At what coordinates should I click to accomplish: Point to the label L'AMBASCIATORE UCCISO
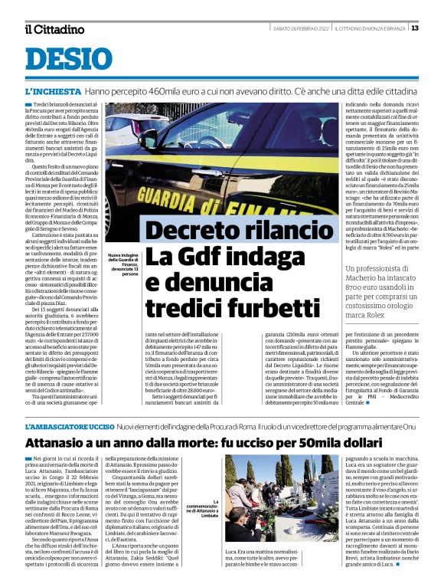point(70,425)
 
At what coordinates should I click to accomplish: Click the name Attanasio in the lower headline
point(63,442)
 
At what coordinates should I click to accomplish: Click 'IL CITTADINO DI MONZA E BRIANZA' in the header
point(371,28)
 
